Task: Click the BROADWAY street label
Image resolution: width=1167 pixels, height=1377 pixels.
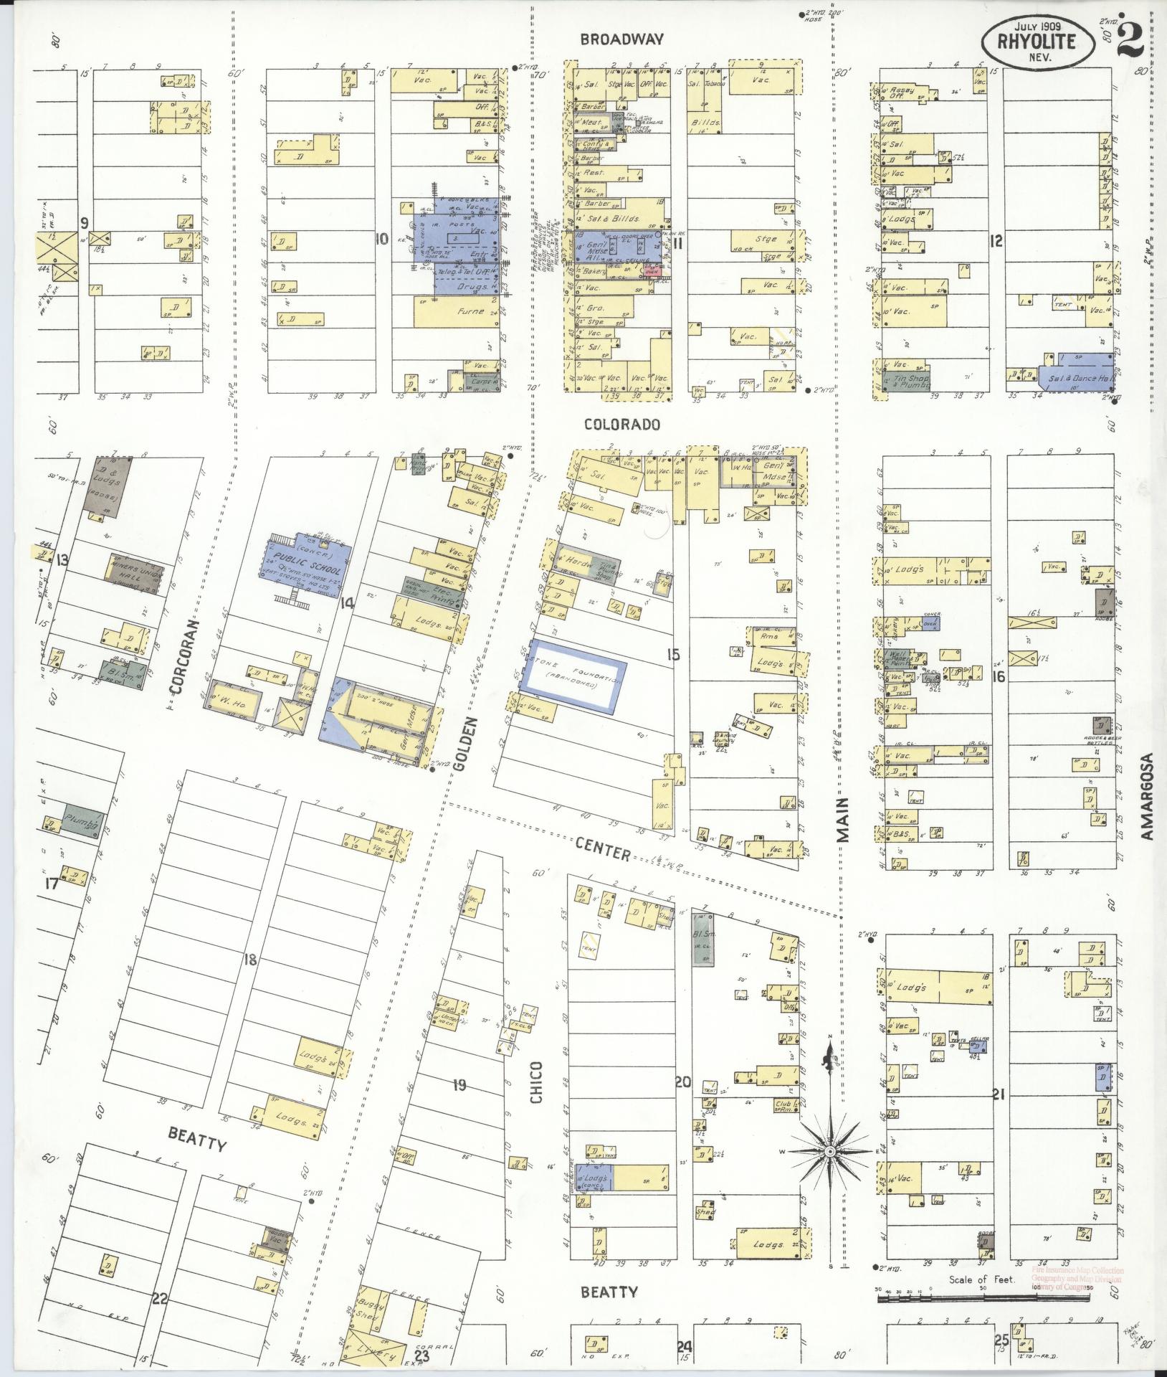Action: point(622,40)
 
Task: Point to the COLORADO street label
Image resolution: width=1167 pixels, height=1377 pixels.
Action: point(621,425)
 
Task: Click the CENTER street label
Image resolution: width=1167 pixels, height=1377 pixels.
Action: point(602,852)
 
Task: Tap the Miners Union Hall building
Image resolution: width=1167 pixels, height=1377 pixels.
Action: point(133,573)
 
